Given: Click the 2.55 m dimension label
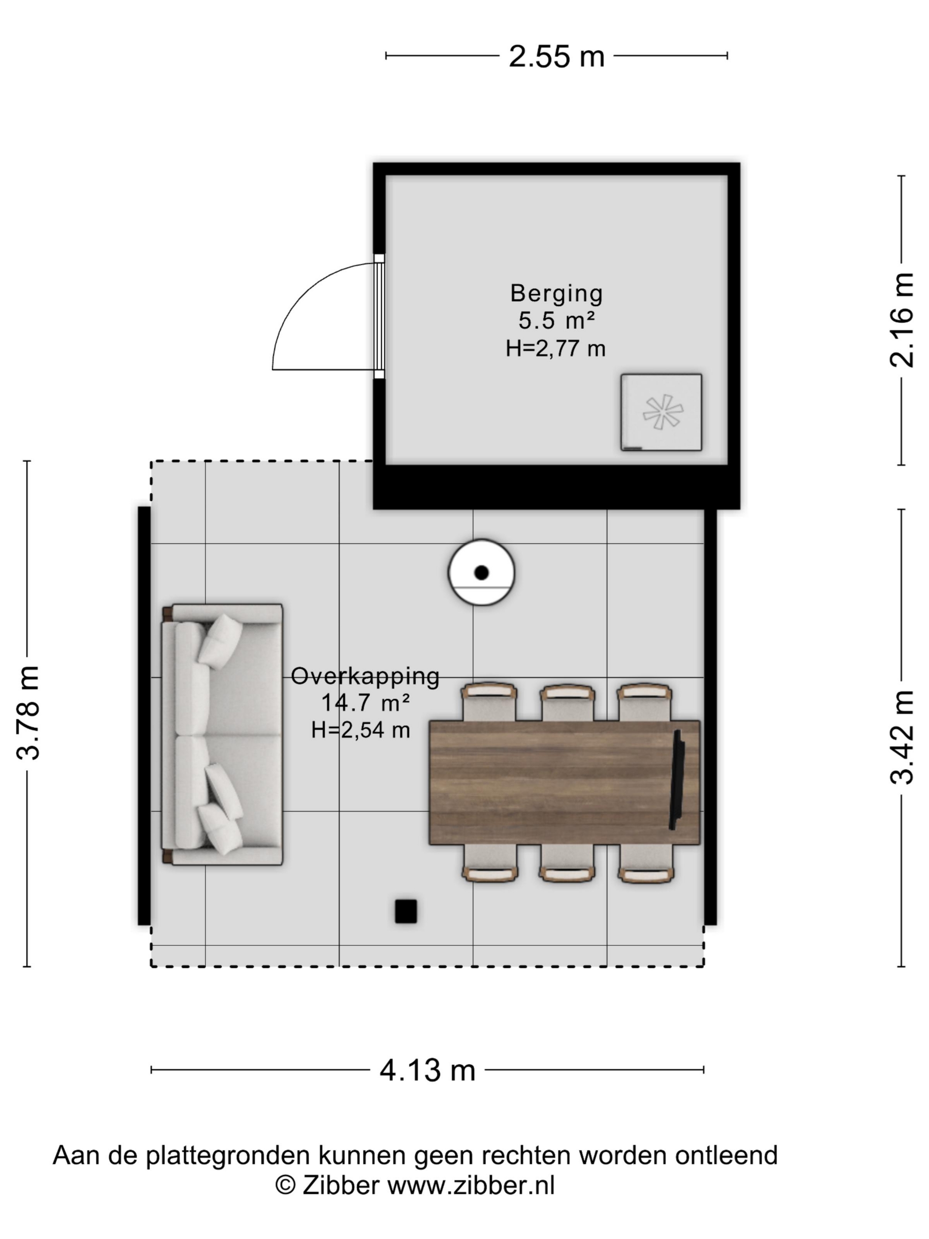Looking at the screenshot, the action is tap(556, 57).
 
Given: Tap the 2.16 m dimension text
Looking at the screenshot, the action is tap(902, 320).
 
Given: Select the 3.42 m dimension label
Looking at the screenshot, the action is tap(902, 737).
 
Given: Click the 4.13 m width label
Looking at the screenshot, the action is tap(427, 1070).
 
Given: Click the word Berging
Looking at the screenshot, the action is tap(556, 293).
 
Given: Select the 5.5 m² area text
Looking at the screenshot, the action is tap(556, 321).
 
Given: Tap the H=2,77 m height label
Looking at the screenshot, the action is tap(556, 348).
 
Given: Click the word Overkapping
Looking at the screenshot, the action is tap(365, 677).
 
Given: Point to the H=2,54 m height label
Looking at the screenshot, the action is tap(361, 730).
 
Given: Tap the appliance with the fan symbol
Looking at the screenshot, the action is tap(661, 412).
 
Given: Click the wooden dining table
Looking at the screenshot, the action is tap(564, 782).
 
